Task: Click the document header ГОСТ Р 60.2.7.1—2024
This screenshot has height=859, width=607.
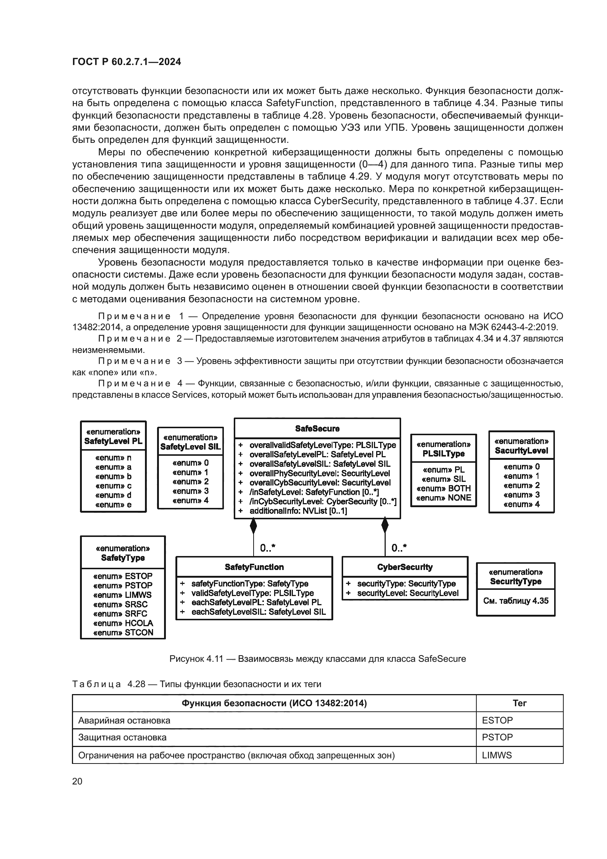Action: [126, 62]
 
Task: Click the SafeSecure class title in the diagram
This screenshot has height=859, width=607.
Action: [317, 428]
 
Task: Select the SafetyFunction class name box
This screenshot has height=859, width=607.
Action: [254, 567]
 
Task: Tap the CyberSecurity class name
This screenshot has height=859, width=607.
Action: [405, 567]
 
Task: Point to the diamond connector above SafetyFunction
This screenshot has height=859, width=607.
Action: [254, 526]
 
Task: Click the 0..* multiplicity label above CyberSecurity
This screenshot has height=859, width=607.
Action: [399, 548]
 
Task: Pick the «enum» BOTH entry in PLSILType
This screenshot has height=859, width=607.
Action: [443, 488]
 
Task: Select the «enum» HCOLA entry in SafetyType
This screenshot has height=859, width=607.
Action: [123, 623]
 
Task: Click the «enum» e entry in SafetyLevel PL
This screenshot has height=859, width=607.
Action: [113, 504]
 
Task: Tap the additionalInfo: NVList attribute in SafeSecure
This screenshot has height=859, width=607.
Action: [298, 511]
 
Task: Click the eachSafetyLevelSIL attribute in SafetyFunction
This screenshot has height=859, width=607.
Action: [258, 612]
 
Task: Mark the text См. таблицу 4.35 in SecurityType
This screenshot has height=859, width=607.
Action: [515, 601]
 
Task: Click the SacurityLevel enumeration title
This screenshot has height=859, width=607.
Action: [521, 451]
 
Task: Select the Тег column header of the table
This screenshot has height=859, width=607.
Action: [519, 703]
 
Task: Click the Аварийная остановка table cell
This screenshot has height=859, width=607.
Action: [124, 721]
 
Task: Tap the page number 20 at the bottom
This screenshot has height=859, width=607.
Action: [77, 781]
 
